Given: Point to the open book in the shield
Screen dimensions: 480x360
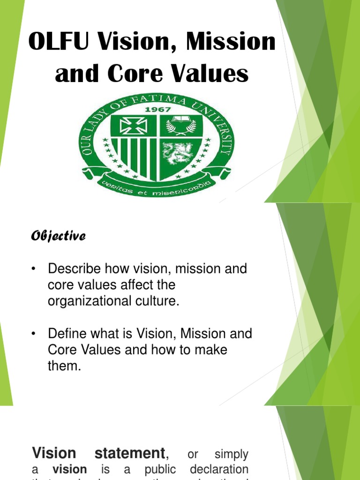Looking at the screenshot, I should click(x=180, y=120).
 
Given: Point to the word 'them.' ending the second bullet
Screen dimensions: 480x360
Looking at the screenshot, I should click(x=65, y=366).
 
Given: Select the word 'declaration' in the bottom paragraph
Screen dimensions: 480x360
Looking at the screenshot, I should click(x=219, y=469).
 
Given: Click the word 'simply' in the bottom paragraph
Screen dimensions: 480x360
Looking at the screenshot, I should click(x=231, y=454).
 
